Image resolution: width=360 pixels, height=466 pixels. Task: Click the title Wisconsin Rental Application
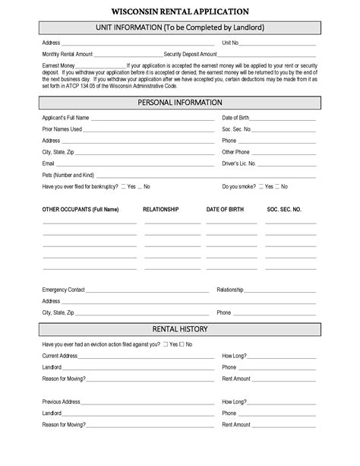coord(179,12)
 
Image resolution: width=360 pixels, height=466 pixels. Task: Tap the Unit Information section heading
coord(180,27)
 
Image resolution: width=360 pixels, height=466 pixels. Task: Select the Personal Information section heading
coord(180,102)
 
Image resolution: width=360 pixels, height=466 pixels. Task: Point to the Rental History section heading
coord(180,328)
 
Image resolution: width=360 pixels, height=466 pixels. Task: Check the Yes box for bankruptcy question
coord(123,186)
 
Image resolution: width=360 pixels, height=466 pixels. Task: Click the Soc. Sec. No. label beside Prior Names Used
coord(236,129)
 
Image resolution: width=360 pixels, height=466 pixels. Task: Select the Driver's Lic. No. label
coord(238,163)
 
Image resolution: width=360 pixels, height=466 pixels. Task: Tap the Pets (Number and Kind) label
coord(68,175)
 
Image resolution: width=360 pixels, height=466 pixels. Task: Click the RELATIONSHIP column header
coord(160,208)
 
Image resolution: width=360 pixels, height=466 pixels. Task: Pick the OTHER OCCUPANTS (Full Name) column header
coord(81,208)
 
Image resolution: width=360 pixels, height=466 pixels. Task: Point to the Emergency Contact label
coord(64,290)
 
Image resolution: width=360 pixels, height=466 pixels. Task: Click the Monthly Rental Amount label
coord(68,55)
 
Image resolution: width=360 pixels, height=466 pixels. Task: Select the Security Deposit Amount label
coord(185,55)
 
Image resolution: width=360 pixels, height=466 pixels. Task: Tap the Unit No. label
coord(230,43)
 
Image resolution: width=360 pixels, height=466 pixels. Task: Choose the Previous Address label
coord(61,401)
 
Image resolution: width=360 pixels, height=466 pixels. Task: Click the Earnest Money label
coord(58,66)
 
